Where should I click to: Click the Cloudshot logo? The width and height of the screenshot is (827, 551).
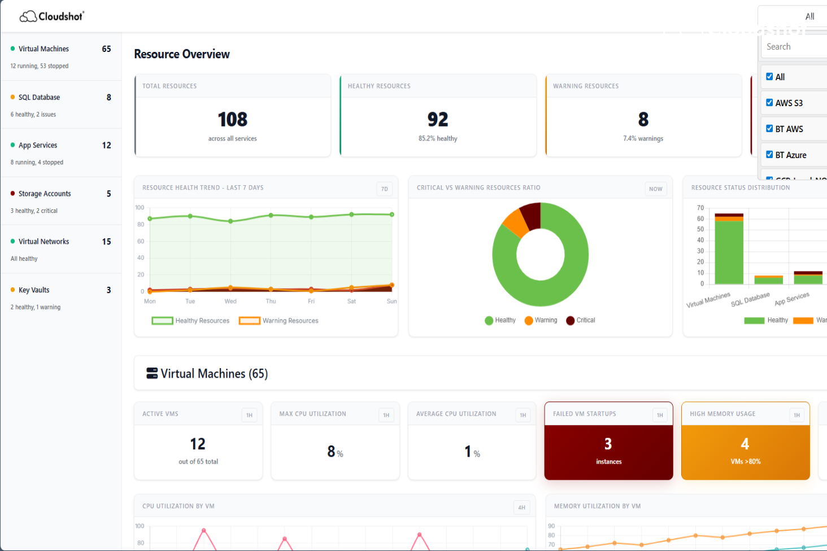(x=51, y=16)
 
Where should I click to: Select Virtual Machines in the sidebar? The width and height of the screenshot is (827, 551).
(x=43, y=49)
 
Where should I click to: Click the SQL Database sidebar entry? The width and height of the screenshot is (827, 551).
(x=39, y=98)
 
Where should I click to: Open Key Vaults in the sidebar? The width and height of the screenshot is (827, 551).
(x=34, y=290)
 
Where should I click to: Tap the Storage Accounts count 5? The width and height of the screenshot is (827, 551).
(x=108, y=194)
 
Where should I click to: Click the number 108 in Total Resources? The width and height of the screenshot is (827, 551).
(x=233, y=120)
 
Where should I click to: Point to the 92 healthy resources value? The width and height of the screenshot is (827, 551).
(x=438, y=120)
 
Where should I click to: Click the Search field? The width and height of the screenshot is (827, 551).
(x=794, y=47)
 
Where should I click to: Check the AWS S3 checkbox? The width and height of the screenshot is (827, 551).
(x=769, y=103)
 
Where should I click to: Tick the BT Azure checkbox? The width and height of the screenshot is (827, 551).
(x=769, y=155)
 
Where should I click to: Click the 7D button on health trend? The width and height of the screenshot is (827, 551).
(x=384, y=189)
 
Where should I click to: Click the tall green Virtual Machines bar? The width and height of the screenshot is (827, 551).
(x=729, y=252)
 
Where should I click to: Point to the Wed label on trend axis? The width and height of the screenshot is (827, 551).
(x=230, y=301)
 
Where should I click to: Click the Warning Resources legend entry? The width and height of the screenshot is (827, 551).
(x=279, y=321)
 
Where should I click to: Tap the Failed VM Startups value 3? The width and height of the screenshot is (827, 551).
(x=608, y=444)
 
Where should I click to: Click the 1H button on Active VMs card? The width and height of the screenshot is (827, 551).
(x=249, y=416)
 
